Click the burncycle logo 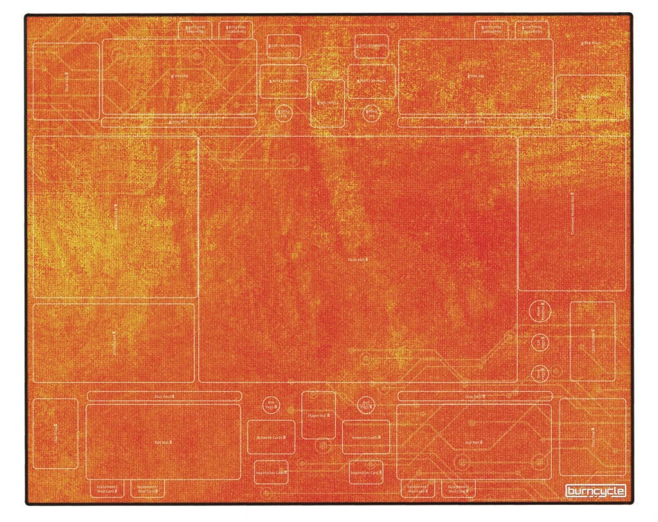click(595, 491)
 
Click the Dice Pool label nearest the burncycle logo click(475, 396)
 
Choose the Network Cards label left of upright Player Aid click(271, 437)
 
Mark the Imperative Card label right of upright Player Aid click(366, 471)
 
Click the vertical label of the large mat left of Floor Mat click(116, 215)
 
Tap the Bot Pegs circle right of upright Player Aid click(365, 406)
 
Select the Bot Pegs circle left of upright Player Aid click(270, 405)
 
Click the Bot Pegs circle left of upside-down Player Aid click(283, 113)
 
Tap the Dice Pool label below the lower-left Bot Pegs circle click(164, 396)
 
